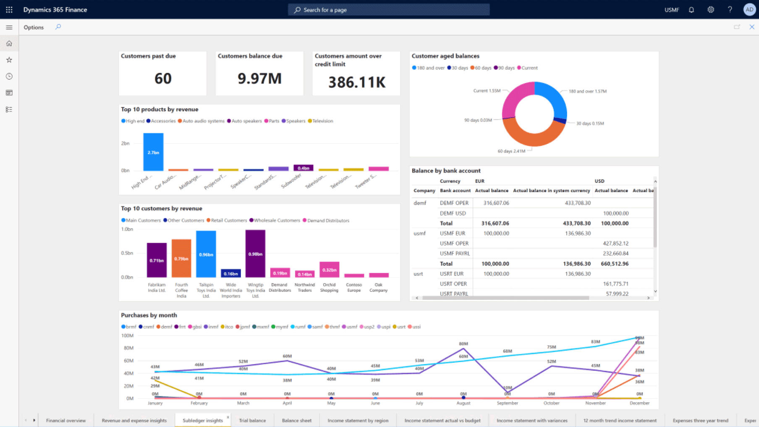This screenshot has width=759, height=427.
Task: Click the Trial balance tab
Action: coord(252,420)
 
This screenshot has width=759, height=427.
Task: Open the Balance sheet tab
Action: coord(296,420)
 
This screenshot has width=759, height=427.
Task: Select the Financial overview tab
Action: coord(65,420)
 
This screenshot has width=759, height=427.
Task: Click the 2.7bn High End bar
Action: coord(153,152)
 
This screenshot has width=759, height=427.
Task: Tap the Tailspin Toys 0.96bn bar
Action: coord(206,254)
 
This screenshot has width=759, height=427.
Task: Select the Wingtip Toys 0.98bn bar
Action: coord(255,253)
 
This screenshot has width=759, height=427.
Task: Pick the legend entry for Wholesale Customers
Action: coord(277,220)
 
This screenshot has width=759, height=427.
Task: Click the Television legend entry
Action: coord(322,121)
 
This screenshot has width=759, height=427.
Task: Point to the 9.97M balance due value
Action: coord(259,78)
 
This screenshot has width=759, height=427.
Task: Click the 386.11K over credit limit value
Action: coord(356,82)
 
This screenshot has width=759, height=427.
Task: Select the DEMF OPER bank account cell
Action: coord(454,203)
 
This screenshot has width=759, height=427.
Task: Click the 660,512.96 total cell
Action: coord(614,263)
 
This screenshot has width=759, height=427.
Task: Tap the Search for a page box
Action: coord(388,10)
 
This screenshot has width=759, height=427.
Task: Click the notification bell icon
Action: coord(691,10)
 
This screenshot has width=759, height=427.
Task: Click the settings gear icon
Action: coord(711,10)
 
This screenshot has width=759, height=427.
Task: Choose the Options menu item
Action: coord(34,27)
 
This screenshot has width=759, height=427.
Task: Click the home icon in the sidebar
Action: coord(9,44)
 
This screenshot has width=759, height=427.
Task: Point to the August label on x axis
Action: coord(463,403)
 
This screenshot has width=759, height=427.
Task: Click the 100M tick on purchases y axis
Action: coord(127,336)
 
